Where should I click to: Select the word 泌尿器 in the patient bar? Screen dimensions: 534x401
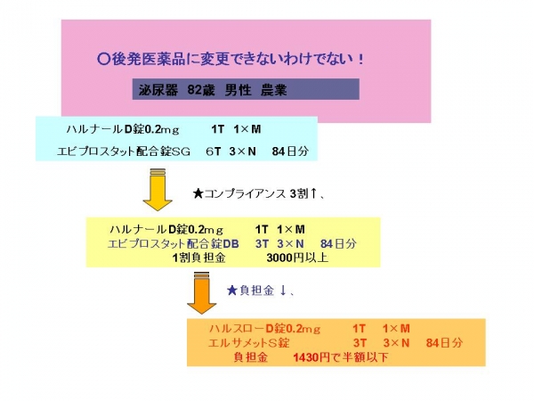[158, 90]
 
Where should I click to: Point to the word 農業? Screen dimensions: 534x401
[274, 90]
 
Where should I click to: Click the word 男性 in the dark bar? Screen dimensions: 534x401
[238, 90]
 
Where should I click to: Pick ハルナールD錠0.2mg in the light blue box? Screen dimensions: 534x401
[123, 129]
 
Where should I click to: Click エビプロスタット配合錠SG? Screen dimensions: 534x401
[124, 151]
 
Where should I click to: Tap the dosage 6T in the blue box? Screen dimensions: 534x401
[214, 151]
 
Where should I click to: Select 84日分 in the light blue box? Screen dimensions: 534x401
[290, 151]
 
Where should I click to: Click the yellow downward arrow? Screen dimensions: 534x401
[158, 189]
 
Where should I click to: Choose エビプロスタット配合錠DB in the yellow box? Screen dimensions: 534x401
[174, 244]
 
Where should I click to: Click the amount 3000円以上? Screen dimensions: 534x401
[297, 258]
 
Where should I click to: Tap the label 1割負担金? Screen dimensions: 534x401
[198, 258]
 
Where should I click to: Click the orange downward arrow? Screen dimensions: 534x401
[202, 292]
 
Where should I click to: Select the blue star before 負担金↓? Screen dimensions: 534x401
[232, 291]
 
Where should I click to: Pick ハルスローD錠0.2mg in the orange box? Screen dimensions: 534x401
[264, 329]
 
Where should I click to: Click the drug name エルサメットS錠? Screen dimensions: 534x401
[249, 343]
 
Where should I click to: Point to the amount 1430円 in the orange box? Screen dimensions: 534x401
[311, 357]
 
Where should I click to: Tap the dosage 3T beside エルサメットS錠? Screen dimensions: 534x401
[360, 343]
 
